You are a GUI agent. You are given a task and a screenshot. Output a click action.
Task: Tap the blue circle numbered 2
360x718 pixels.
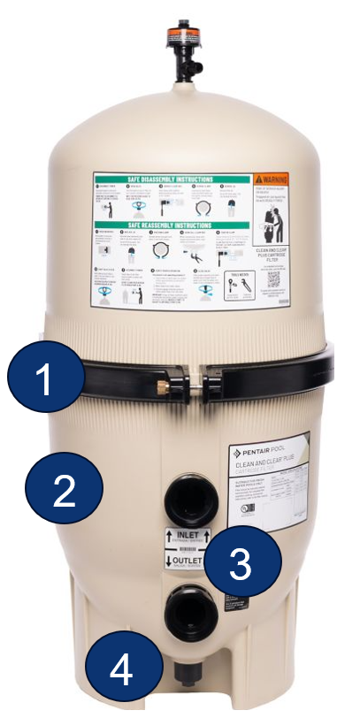64,491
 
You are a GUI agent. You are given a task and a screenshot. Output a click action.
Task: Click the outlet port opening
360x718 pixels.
187,610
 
